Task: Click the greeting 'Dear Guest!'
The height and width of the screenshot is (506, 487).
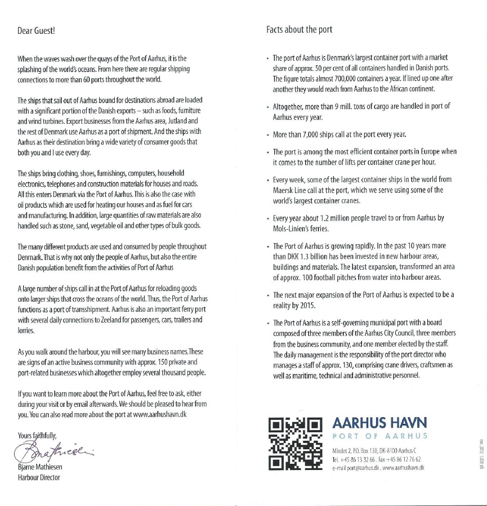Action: tap(36, 30)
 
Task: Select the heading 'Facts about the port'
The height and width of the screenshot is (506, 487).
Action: tap(299, 30)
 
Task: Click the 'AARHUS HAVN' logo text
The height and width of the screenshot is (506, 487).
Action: tap(380, 422)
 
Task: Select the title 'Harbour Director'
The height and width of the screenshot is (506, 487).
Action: tap(38, 478)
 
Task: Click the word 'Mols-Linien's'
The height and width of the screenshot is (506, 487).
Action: tap(291, 229)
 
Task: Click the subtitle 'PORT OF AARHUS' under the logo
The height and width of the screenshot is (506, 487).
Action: tap(380, 436)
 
